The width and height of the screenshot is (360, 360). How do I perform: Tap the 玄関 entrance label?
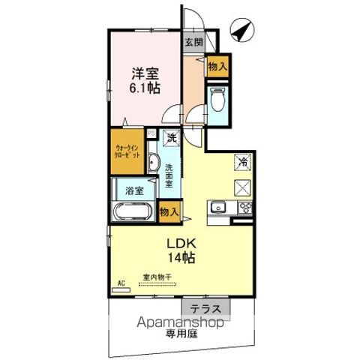(x=193, y=43)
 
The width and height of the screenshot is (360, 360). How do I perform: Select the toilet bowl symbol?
(x=218, y=100)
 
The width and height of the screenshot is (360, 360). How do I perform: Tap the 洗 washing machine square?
(x=172, y=137)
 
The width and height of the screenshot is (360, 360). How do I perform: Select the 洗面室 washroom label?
(x=169, y=173)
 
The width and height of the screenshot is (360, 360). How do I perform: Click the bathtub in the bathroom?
(x=133, y=211)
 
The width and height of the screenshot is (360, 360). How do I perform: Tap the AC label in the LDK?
(x=121, y=283)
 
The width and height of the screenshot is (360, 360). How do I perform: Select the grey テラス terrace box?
(x=203, y=309)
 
